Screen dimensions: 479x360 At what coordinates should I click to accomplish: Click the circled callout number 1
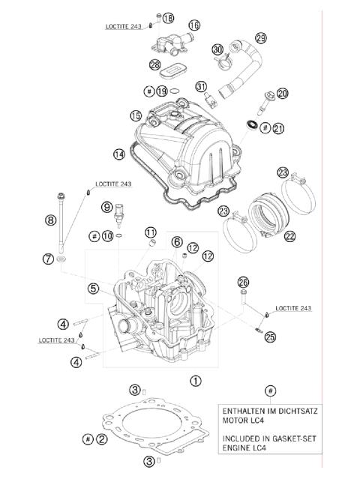pyautogui.click(x=196, y=381)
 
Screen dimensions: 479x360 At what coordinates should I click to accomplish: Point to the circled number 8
pyautogui.click(x=50, y=220)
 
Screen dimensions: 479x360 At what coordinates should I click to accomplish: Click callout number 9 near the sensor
pyautogui.click(x=106, y=207)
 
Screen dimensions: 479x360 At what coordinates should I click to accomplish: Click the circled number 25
pyautogui.click(x=270, y=337)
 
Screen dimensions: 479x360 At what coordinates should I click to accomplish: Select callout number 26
pyautogui.click(x=242, y=282)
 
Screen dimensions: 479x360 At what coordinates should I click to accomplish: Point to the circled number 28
pyautogui.click(x=155, y=65)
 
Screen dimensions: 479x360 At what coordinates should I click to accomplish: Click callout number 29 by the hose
pyautogui.click(x=260, y=37)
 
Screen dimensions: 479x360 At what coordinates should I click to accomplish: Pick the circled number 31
pyautogui.click(x=201, y=87)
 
